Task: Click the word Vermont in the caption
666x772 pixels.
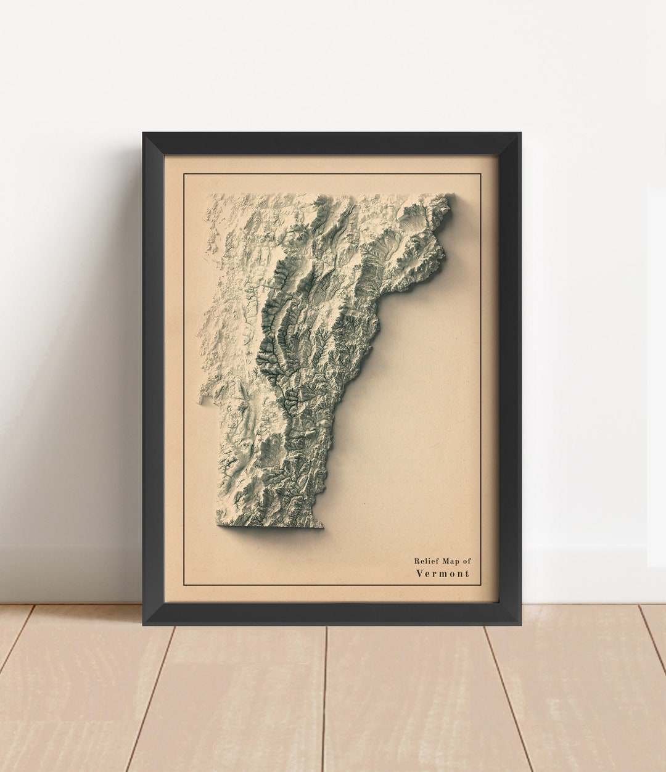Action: (443, 573)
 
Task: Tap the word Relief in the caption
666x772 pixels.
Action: (427, 561)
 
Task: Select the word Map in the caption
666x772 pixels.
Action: (451, 561)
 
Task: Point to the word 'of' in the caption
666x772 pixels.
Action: (467, 561)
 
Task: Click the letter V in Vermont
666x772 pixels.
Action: (419, 573)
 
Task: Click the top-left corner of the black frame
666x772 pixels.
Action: (144, 133)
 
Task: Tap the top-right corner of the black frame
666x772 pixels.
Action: (520, 133)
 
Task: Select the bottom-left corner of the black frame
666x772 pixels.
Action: (144, 624)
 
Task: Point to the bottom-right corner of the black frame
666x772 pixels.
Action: (520, 624)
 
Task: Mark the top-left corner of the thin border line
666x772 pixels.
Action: (184, 174)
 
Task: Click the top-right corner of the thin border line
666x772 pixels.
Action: (480, 174)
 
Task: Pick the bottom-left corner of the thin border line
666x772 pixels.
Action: (184, 585)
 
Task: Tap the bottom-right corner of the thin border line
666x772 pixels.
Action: (480, 585)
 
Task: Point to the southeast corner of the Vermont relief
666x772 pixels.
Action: (322, 527)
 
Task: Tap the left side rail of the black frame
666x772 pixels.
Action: (154, 379)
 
